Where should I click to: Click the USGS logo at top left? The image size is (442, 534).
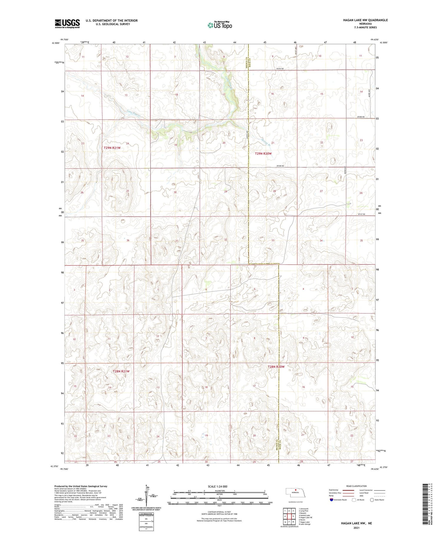[x=67, y=23]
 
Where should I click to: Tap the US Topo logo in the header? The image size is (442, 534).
[x=220, y=25]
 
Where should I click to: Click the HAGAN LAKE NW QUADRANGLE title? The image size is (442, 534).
[x=365, y=20]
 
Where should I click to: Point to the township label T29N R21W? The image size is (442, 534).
[x=112, y=148]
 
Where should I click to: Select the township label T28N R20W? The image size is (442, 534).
[x=276, y=367]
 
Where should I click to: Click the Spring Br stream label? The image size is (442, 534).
[x=265, y=143]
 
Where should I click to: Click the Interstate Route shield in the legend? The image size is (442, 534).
[x=331, y=500]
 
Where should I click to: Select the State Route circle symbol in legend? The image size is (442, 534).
[x=372, y=500]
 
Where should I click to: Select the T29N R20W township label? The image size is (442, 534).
[x=263, y=154]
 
